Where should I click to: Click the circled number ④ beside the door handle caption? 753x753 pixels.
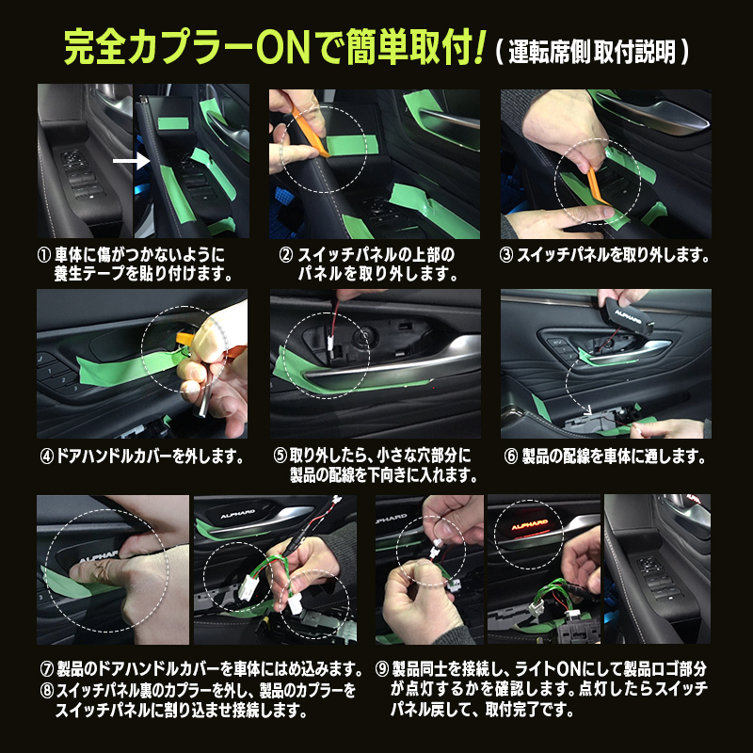pyautogui.click(x=46, y=457)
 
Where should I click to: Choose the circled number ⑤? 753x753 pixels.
pyautogui.click(x=280, y=457)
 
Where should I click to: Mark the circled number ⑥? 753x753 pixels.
pyautogui.click(x=511, y=457)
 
